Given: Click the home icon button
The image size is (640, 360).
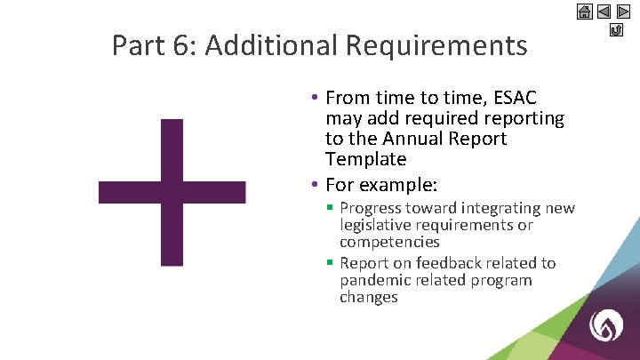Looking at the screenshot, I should click(x=585, y=12).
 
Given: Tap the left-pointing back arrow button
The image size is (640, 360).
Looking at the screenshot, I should click(x=604, y=12).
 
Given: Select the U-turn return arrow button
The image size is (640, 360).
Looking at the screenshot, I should click(x=615, y=31).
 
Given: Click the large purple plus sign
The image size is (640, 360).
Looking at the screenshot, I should click(x=172, y=192).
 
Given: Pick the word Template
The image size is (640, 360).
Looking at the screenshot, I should click(x=365, y=159).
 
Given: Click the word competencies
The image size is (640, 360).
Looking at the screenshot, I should click(x=389, y=242).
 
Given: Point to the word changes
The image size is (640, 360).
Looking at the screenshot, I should click(x=368, y=297).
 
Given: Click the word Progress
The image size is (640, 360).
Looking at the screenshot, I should click(x=373, y=208).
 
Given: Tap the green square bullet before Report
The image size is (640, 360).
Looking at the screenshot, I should click(x=330, y=263).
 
